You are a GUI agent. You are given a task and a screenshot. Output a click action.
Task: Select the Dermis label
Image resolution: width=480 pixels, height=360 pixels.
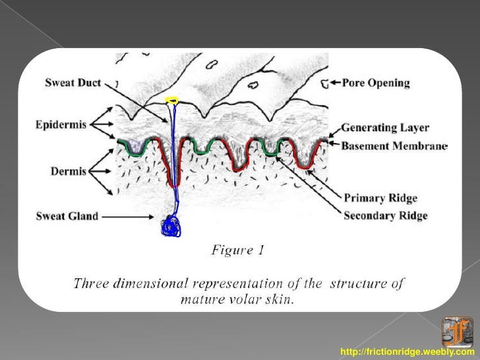click(69, 171)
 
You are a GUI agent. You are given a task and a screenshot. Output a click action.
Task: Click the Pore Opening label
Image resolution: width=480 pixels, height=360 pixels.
click(376, 83)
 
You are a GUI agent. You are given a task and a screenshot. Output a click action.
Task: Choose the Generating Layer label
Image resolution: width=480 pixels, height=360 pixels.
click(384, 128)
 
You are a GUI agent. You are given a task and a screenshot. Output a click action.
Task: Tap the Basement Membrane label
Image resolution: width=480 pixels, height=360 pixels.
click(394, 146)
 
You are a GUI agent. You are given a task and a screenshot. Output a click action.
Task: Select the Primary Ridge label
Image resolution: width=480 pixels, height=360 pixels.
click(380, 198)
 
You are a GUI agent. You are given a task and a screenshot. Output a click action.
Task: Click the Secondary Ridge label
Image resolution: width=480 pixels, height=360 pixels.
click(385, 216)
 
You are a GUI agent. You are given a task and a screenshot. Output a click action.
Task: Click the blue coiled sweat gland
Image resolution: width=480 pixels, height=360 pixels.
click(171, 225)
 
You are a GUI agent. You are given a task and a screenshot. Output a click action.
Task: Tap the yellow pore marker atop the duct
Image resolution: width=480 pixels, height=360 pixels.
click(172, 100)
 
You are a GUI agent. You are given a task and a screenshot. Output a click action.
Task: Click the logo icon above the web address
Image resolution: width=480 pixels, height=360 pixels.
click(457, 332)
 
